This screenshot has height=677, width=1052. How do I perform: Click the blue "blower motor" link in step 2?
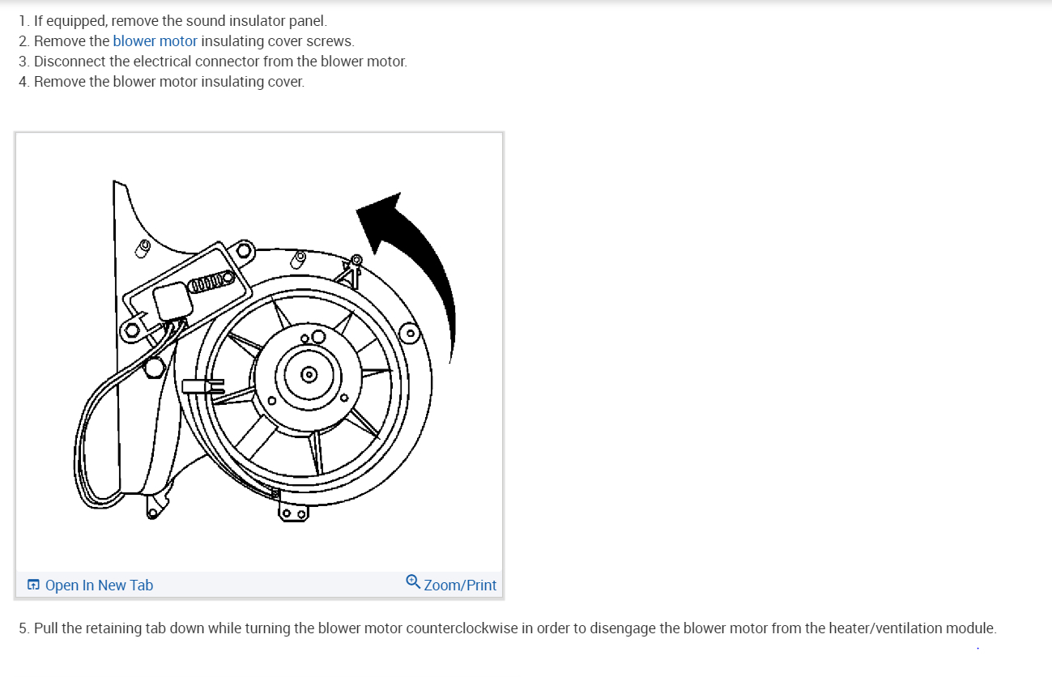pos(155,41)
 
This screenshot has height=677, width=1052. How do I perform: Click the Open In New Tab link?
pos(99,585)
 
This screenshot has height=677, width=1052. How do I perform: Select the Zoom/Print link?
pos(460,585)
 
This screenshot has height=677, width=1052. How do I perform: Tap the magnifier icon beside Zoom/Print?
pos(413,582)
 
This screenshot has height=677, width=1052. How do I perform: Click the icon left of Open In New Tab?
pos(33,585)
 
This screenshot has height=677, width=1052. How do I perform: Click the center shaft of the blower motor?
pos(309,374)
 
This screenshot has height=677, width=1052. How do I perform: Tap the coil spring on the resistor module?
pos(210,282)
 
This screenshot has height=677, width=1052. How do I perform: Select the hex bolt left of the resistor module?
pos(132,330)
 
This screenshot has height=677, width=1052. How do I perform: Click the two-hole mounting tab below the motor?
pos(292,513)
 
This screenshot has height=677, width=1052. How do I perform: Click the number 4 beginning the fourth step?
pos(23,82)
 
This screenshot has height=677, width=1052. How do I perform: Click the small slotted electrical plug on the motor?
pos(202,386)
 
